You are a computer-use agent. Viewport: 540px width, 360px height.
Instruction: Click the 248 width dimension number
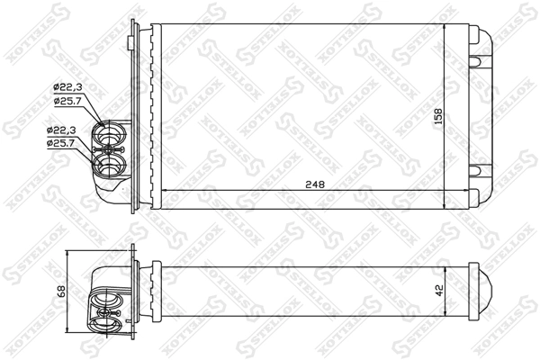[313, 184]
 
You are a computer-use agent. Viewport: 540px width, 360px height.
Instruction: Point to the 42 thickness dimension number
[438, 290]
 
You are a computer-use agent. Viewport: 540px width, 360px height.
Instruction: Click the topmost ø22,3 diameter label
[67, 85]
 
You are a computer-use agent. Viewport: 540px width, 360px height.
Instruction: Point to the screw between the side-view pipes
[114, 310]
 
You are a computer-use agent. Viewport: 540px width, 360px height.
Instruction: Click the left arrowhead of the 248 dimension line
[163, 190]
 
